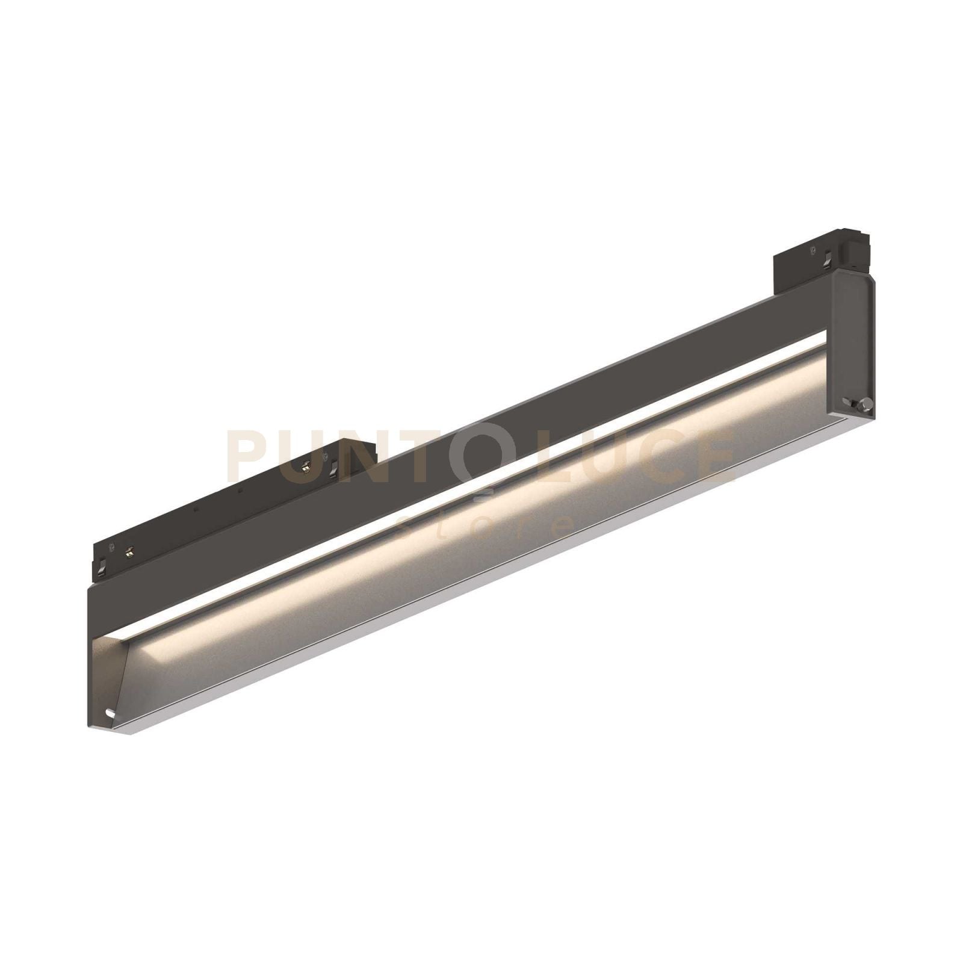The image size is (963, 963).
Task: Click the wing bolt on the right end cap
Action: click(862, 404)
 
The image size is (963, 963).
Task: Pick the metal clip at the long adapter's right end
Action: click(335, 465)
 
